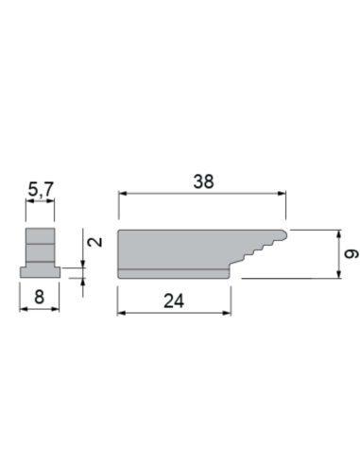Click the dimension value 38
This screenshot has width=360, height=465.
pos(203,181)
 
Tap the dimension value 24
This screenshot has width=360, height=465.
pos(174,301)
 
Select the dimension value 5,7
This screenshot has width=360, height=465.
pos(41,189)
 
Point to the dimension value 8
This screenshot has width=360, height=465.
pos(39,297)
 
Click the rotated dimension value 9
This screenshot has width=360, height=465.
pos(351,254)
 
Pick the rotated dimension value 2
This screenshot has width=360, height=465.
pos(95,242)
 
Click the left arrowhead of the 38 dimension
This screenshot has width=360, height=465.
pos(123,194)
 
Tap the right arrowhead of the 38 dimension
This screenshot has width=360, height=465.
pos(282,194)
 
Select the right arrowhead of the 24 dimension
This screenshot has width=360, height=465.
pos(227,313)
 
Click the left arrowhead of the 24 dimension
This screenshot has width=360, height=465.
pos(122,313)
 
